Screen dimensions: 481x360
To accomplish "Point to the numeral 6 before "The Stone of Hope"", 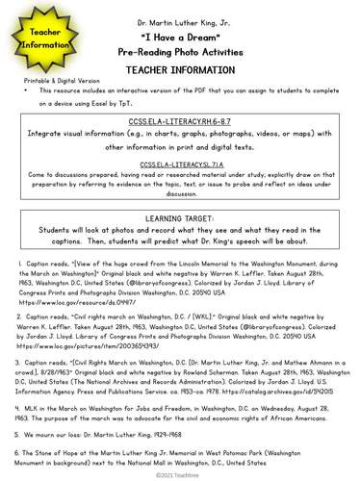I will [x=20, y=450].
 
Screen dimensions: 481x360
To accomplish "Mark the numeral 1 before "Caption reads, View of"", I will [x=20, y=262].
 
